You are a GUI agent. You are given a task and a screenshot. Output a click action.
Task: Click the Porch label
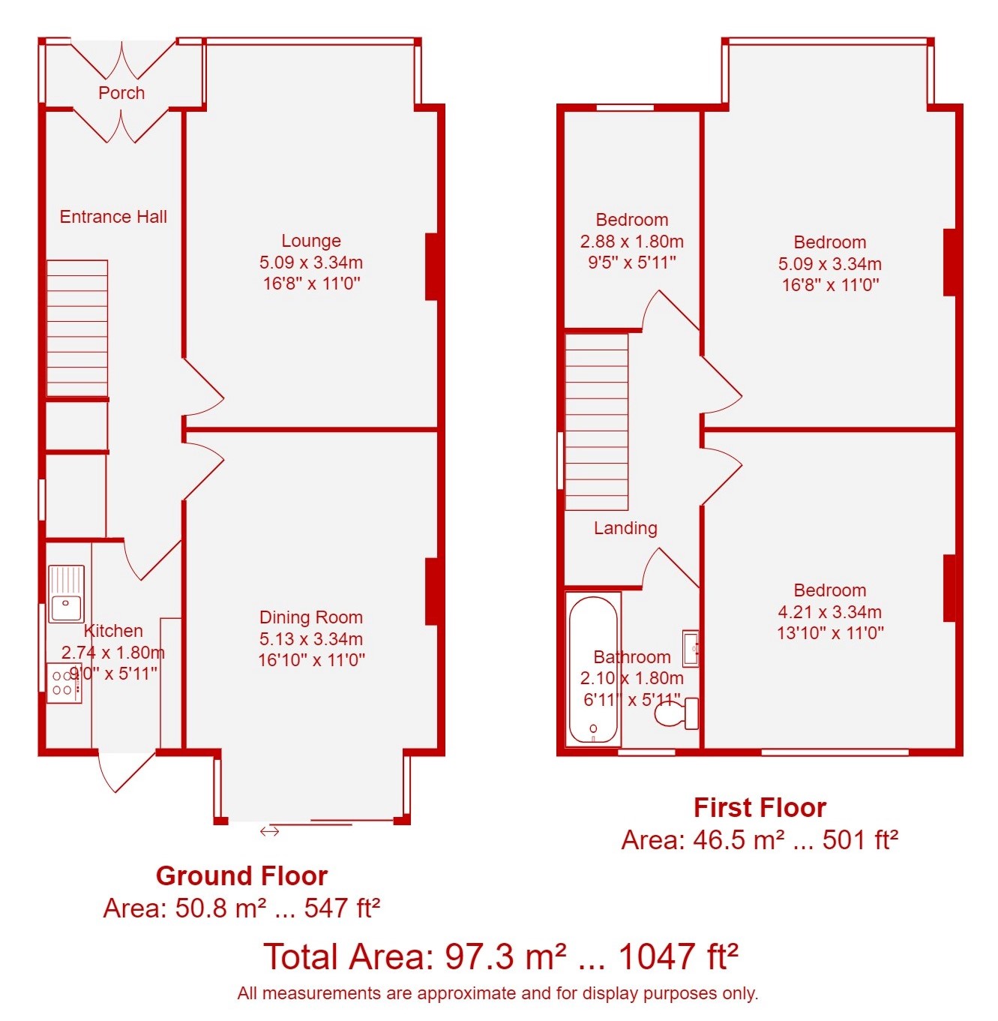click(121, 93)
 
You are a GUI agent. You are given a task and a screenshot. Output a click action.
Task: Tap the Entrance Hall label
click(113, 216)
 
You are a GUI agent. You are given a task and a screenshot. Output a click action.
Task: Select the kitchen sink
click(66, 593)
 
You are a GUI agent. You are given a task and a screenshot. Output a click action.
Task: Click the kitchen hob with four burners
click(64, 683)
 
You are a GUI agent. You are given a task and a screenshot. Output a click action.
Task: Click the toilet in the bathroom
click(677, 713)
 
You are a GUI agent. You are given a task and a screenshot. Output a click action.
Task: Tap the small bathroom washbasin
click(691, 647)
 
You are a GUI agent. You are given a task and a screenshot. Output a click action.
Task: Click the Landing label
click(625, 527)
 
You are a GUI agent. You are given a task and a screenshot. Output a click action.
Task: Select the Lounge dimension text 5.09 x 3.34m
click(311, 262)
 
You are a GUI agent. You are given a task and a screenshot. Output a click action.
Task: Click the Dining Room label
click(311, 617)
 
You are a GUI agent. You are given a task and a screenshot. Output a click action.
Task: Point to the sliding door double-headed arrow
click(270, 830)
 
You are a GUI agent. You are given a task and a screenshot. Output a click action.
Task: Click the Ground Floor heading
click(241, 875)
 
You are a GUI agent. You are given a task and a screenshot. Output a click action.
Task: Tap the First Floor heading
click(760, 807)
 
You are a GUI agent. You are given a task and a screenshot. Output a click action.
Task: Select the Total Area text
click(501, 956)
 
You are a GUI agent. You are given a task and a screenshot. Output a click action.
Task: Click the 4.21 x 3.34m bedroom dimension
click(829, 611)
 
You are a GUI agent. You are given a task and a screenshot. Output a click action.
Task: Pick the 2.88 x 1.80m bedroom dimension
click(632, 242)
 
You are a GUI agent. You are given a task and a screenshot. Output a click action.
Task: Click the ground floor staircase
click(77, 328)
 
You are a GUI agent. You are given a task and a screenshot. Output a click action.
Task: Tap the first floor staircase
click(596, 422)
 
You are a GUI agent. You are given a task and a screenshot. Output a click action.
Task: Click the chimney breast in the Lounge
click(432, 266)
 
